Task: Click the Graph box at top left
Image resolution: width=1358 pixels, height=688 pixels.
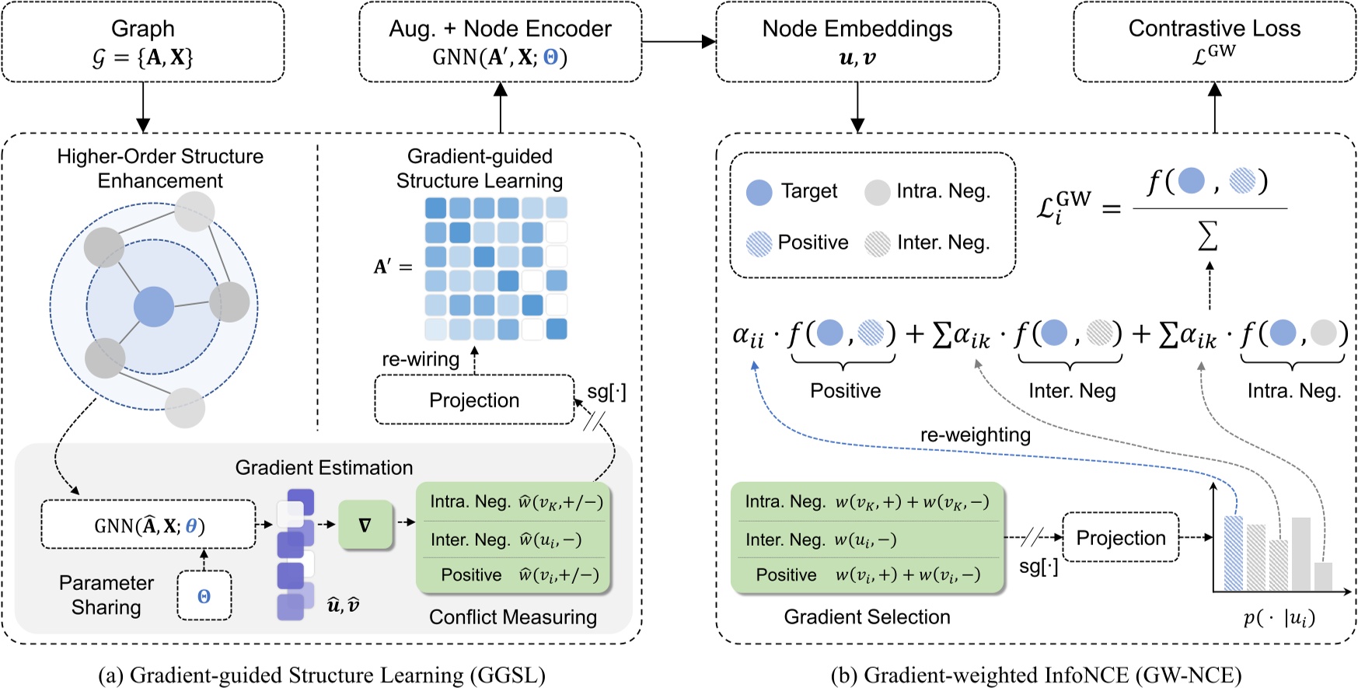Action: [143, 42]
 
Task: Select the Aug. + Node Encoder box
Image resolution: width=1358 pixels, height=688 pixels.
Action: [500, 42]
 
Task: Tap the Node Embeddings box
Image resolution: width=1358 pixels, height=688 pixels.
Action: [857, 42]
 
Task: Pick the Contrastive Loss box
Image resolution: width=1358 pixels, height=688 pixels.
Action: [1214, 42]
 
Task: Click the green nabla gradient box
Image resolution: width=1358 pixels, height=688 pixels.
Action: [365, 526]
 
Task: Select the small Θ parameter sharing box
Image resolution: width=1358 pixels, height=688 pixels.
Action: [204, 596]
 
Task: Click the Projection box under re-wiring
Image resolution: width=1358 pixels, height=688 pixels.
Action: [474, 400]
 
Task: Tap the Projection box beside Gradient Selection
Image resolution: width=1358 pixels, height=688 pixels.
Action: [1120, 538]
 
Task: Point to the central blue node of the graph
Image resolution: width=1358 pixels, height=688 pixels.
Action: [154, 306]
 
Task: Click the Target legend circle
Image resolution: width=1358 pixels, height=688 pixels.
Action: [759, 192]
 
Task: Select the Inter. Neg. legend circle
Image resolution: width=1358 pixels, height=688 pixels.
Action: [878, 243]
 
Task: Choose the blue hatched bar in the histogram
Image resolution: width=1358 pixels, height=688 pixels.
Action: [1233, 553]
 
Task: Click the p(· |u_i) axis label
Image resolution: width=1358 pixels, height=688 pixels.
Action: [1279, 618]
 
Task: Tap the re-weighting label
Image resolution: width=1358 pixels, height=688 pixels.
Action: [975, 435]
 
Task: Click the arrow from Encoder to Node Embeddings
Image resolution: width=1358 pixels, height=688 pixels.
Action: [678, 42]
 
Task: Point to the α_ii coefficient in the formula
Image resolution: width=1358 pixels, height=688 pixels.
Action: [749, 335]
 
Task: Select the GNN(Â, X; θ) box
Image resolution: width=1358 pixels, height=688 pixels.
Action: [148, 526]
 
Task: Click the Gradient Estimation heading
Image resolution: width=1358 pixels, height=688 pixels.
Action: [324, 467]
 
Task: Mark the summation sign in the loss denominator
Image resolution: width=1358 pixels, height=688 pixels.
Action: [1207, 236]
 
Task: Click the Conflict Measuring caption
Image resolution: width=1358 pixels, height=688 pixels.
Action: [513, 617]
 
